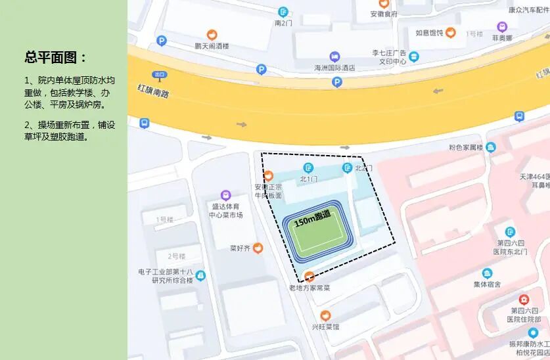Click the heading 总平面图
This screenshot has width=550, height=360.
click(56, 57)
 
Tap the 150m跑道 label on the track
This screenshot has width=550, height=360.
click(312, 218)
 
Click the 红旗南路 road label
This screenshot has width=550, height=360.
click(152, 90)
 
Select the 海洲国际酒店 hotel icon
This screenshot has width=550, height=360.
click(334, 56)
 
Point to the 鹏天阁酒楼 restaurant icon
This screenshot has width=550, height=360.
click(212, 35)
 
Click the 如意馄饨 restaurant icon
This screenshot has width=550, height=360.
click(450, 32)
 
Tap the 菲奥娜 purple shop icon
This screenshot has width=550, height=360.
click(503, 27)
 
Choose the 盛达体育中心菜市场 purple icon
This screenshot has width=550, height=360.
click(225, 195)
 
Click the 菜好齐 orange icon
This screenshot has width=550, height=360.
click(258, 248)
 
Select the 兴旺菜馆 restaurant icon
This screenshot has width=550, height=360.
click(325, 315)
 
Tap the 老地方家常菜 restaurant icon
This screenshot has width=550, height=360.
click(309, 277)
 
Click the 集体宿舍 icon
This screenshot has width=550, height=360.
click(487, 273)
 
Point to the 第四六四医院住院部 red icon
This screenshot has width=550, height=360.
click(524, 300)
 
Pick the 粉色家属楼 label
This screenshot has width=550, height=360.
click(466, 147)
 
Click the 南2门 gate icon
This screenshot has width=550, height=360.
click(283, 11)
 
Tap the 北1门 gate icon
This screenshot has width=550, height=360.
click(308, 168)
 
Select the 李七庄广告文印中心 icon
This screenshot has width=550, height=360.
click(413, 56)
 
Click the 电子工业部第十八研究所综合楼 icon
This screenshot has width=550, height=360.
click(200, 275)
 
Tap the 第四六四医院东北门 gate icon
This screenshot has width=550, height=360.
click(511, 231)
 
